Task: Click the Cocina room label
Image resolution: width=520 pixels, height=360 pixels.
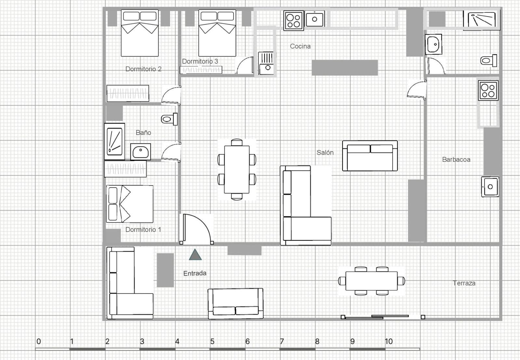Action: pyautogui.click(x=300, y=46)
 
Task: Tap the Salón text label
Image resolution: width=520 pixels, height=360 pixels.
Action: pyautogui.click(x=325, y=153)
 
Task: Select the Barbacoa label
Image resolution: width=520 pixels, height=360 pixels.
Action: pyautogui.click(x=456, y=159)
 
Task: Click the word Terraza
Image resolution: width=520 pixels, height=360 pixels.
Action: pyautogui.click(x=464, y=283)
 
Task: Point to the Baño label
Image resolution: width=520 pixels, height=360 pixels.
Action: pyautogui.click(x=143, y=133)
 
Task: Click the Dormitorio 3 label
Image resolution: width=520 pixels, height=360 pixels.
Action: pyautogui.click(x=200, y=61)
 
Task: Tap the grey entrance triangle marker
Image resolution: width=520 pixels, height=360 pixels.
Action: pyautogui.click(x=195, y=255)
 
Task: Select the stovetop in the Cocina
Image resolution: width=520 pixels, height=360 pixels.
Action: pyautogui.click(x=293, y=20)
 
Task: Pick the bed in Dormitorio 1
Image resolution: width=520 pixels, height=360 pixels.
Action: pyautogui.click(x=130, y=204)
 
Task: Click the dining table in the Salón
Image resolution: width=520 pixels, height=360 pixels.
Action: pyautogui.click(x=237, y=169)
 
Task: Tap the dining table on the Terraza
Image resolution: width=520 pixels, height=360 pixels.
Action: pyautogui.click(x=371, y=281)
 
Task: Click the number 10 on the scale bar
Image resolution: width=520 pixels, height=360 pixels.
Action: pyautogui.click(x=389, y=341)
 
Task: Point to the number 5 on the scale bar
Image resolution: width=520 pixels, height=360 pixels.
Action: pyautogui.click(x=212, y=341)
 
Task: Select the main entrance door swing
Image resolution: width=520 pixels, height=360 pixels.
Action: pyautogui.click(x=196, y=228)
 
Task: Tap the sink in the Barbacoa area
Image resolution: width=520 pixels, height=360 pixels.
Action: pyautogui.click(x=490, y=187)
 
